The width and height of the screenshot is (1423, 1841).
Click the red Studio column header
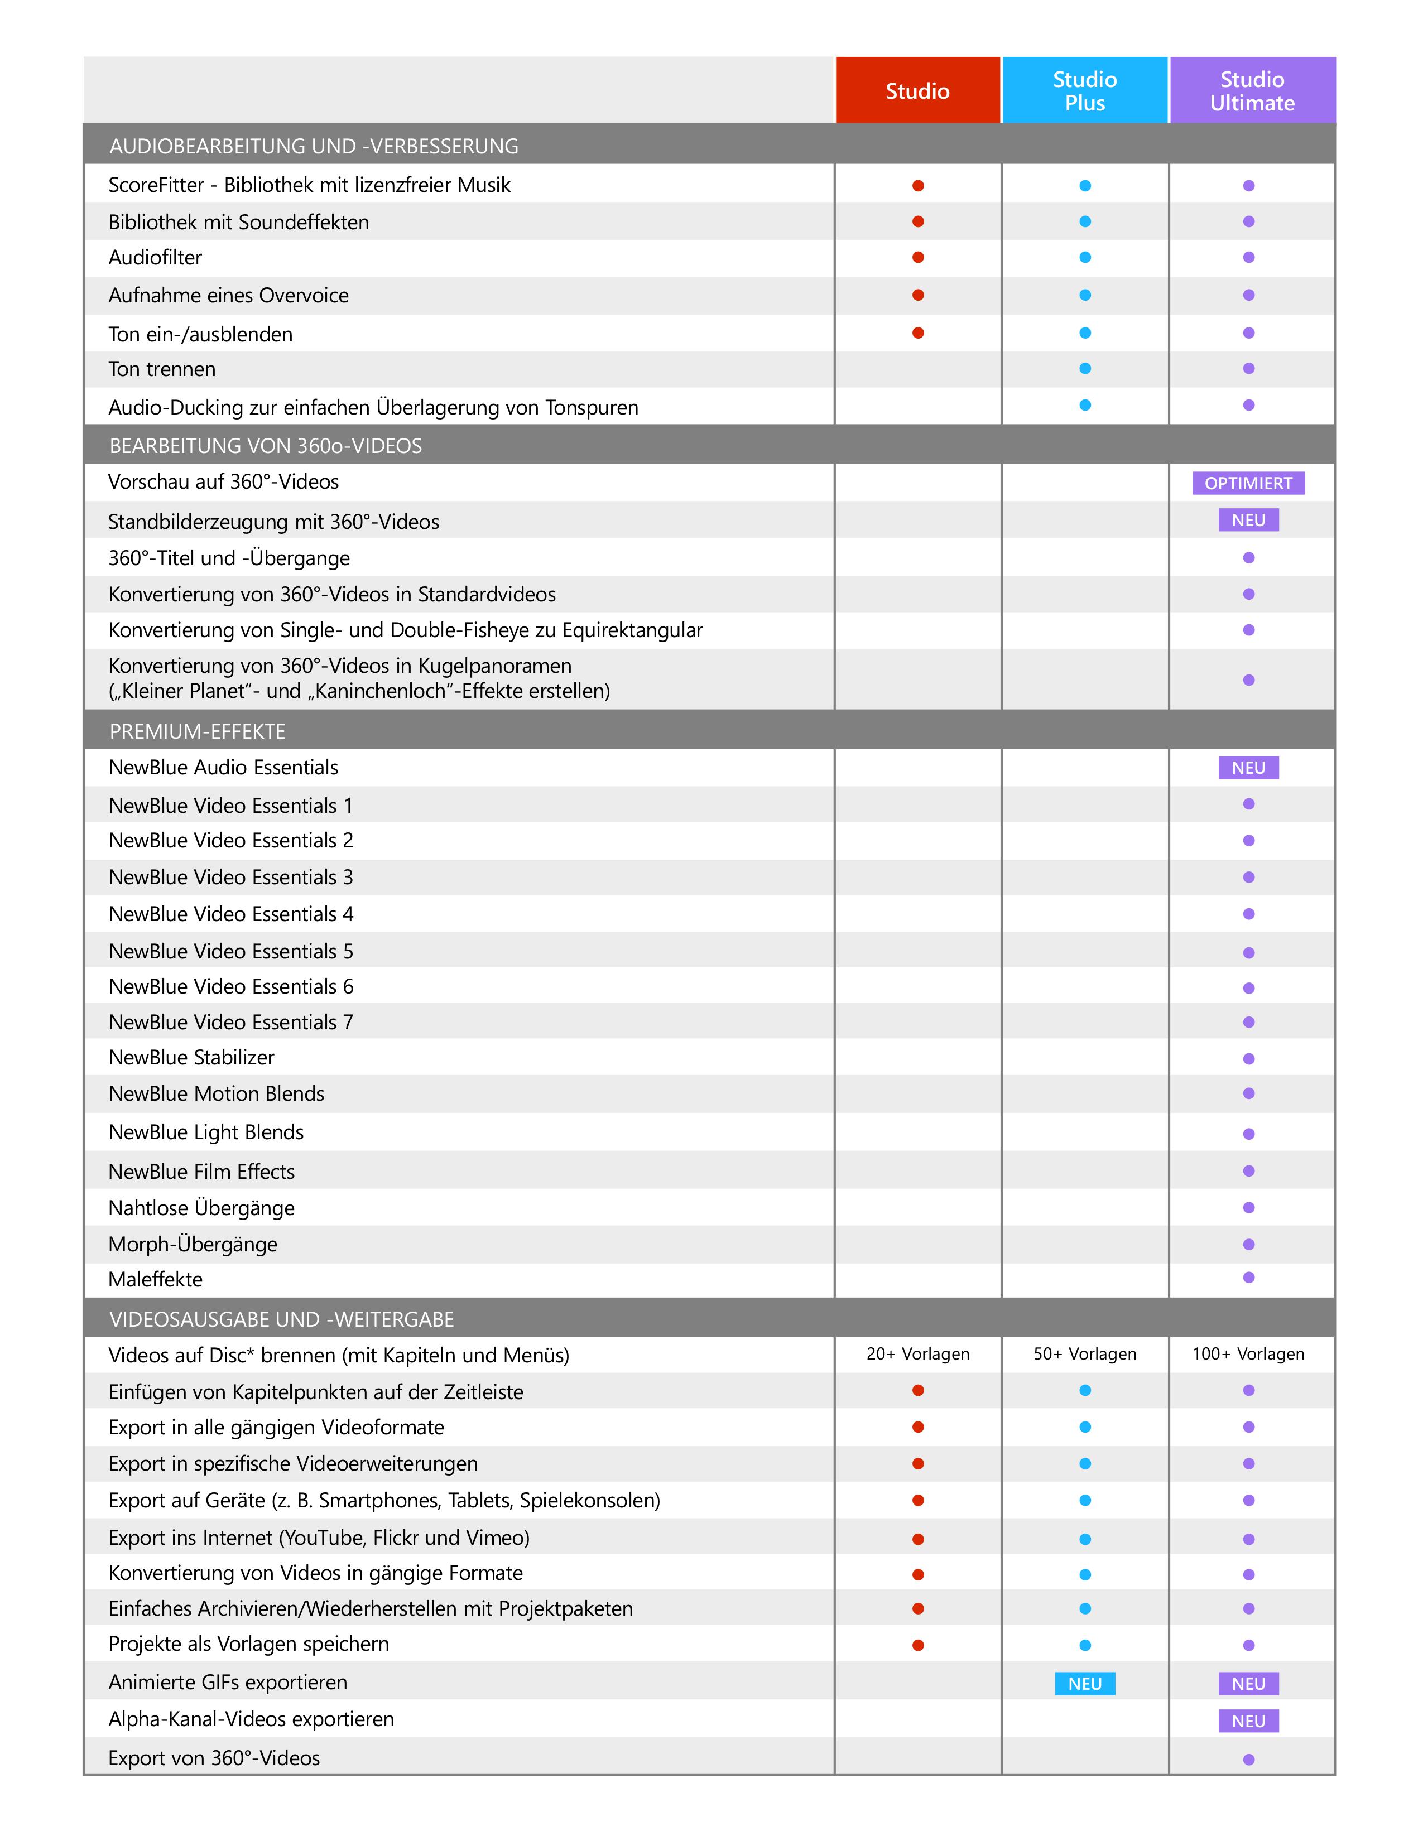917,91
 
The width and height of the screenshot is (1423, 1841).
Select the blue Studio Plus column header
1084,91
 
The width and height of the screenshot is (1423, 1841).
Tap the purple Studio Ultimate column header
1252,91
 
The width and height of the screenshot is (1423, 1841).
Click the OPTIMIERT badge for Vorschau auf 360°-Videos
1248,483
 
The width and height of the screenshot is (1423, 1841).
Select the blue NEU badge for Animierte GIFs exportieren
1084,1683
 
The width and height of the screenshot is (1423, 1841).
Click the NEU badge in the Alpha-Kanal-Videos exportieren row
1248,1720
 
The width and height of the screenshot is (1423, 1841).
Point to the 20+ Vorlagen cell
917,1354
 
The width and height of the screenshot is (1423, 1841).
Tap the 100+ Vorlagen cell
1248,1354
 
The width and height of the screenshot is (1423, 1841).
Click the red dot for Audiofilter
918,257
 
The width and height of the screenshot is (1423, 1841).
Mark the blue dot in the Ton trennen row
1085,368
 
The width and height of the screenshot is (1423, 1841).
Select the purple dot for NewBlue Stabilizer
1248,1059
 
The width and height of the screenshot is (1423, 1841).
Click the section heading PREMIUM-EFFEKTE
197,731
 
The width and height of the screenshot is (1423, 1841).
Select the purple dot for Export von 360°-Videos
1248,1759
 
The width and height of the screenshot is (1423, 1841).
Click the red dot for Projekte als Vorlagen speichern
918,1645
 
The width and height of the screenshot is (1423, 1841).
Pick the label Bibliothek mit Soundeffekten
239,223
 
